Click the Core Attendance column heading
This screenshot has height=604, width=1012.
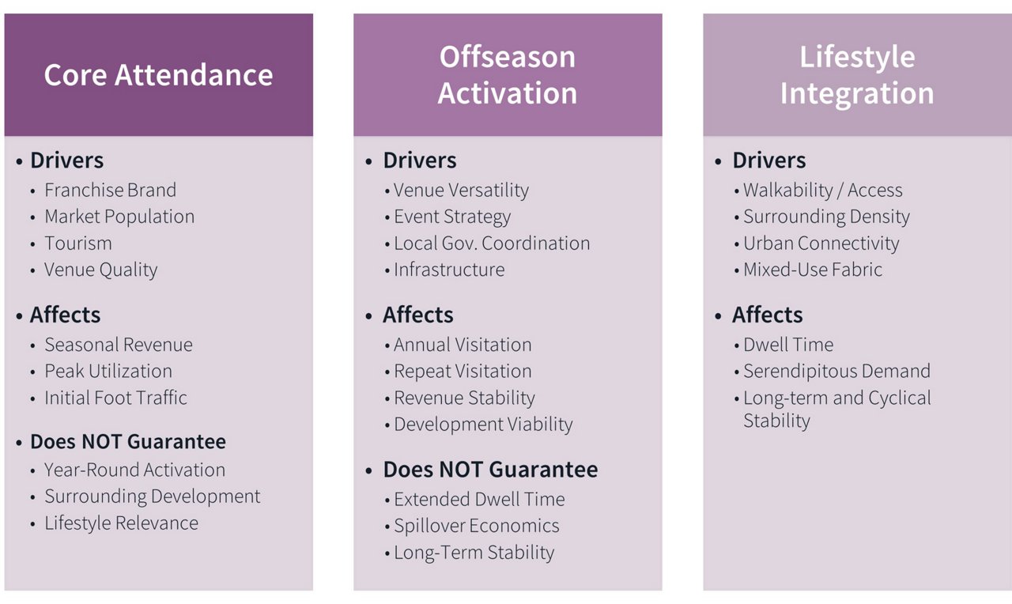(158, 75)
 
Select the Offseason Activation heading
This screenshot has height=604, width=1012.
(508, 75)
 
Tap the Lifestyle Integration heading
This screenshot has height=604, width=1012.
(857, 75)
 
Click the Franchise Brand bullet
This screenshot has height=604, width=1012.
(110, 191)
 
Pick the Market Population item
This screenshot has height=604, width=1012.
(119, 217)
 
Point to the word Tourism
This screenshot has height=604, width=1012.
(78, 243)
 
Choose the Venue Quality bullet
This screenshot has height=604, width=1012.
(101, 270)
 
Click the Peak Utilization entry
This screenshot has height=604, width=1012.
(108, 372)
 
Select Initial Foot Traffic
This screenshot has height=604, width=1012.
(115, 398)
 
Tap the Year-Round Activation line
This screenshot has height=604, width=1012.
(134, 470)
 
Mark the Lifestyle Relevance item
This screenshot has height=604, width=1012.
(121, 523)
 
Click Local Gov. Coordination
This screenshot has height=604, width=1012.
(492, 243)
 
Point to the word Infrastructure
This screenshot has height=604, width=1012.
(449, 270)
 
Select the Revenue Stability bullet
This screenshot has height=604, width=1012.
(464, 398)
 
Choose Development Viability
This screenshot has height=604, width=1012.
(483, 425)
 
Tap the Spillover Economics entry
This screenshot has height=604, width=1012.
(476, 527)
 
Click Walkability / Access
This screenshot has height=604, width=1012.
(822, 191)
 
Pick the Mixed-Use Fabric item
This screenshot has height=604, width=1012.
(813, 270)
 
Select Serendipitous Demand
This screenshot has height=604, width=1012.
(836, 372)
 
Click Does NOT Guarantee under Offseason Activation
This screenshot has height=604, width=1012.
(490, 470)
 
